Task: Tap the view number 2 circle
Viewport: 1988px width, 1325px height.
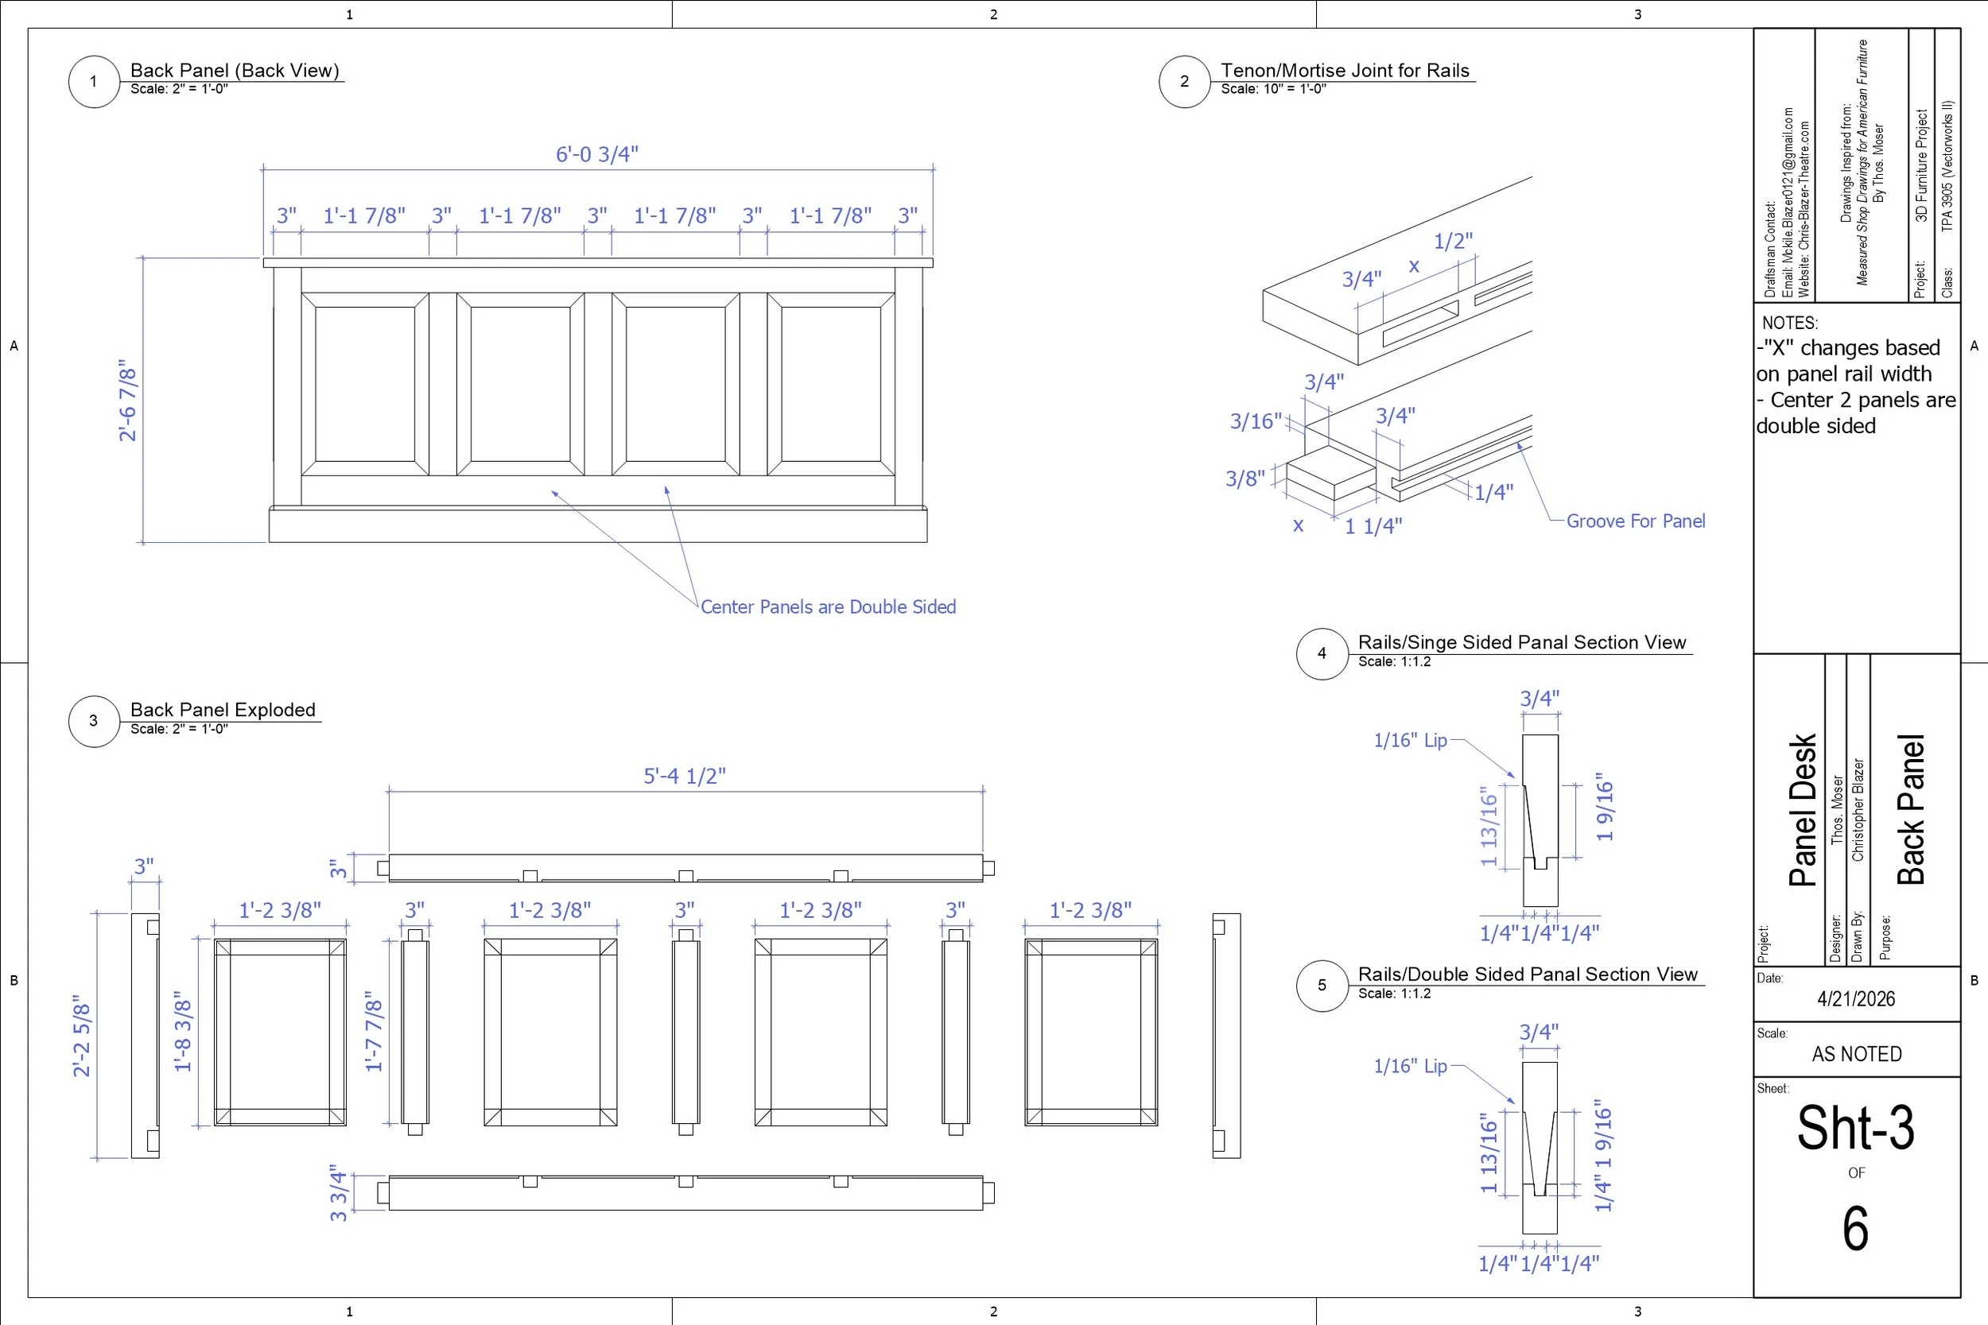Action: click(x=1184, y=82)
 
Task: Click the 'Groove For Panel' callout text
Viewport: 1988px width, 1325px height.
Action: click(x=1635, y=521)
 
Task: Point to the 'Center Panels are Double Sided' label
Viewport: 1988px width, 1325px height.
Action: click(x=828, y=606)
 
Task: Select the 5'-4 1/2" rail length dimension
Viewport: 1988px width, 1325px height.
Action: click(x=685, y=776)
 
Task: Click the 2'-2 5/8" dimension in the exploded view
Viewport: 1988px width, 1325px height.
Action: click(x=82, y=1035)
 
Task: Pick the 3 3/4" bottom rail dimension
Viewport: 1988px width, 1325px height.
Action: click(x=339, y=1192)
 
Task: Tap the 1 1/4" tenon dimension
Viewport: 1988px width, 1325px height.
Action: click(x=1373, y=526)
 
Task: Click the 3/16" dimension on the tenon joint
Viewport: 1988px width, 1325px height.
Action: click(x=1255, y=420)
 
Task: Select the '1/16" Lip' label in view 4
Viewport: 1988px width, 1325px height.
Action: click(x=1410, y=740)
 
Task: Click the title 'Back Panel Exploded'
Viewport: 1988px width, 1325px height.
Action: click(x=223, y=710)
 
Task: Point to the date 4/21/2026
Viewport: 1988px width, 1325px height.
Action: click(x=1856, y=999)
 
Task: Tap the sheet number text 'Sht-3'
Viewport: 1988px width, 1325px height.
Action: click(x=1855, y=1128)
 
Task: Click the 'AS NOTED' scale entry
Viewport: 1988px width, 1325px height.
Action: click(x=1856, y=1054)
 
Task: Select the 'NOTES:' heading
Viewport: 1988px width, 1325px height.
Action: click(x=1789, y=323)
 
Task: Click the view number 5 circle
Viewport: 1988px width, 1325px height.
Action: click(x=1322, y=986)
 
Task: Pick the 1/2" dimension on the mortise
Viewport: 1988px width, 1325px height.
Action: click(x=1453, y=242)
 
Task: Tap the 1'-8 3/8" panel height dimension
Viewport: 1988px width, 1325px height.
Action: click(x=184, y=1034)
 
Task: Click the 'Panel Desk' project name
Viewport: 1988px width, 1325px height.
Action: click(x=1802, y=809)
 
